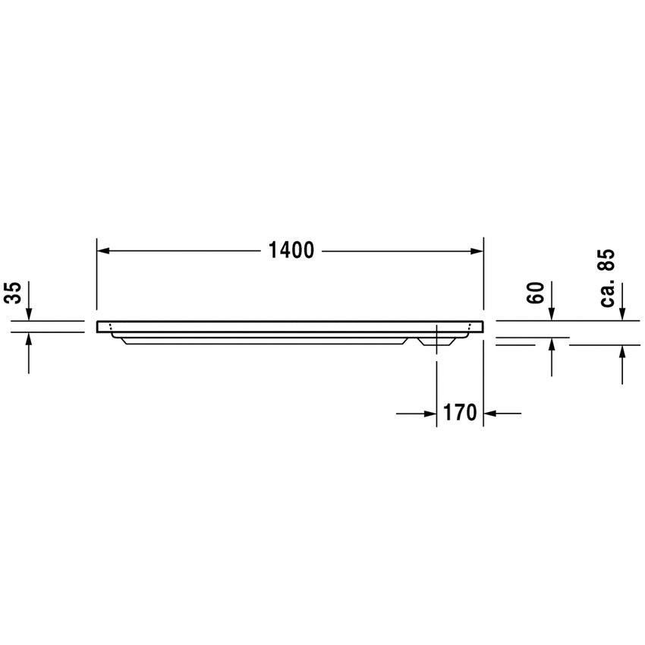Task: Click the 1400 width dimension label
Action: click(x=291, y=250)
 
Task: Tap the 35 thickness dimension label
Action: click(x=12, y=293)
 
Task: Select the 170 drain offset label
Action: click(x=460, y=414)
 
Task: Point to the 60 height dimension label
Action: click(x=536, y=293)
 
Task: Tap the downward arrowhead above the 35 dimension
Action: click(x=29, y=314)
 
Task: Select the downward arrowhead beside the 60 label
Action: click(x=552, y=314)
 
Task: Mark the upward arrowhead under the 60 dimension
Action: click(x=552, y=345)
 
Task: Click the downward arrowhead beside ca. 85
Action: click(x=622, y=314)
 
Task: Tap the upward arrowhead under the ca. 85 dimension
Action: click(x=622, y=351)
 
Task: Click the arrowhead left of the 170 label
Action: click(x=429, y=414)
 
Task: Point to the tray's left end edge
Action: click(x=98, y=326)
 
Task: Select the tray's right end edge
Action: click(x=483, y=326)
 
